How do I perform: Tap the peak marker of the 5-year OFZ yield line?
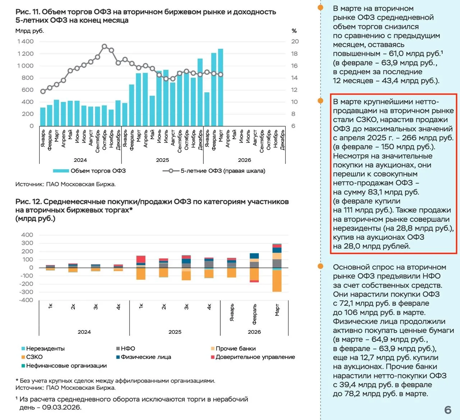[x=105, y=46]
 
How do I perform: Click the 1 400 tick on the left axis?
[x=25, y=41]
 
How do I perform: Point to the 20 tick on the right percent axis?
[x=295, y=41]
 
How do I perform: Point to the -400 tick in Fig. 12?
[x=26, y=300]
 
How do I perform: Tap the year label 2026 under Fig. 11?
[x=244, y=160]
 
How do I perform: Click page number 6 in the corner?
[x=447, y=410]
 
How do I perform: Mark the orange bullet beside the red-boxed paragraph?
[x=321, y=101]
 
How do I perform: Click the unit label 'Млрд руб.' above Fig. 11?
[x=29, y=31]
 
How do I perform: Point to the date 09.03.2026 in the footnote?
[x=61, y=407]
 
